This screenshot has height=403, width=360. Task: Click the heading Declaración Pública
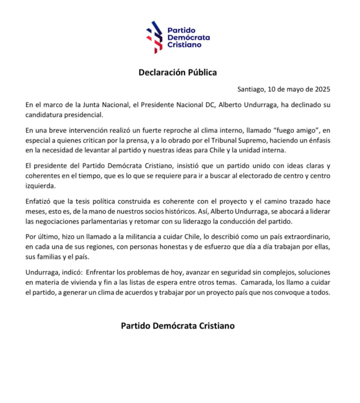point(177,72)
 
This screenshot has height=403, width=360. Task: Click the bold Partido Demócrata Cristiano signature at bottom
point(177,326)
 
